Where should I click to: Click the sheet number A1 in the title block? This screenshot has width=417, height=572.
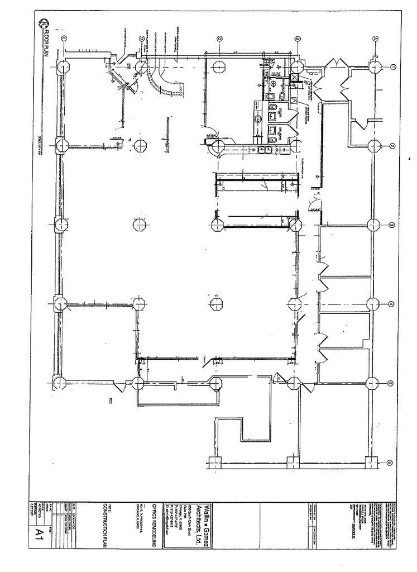[x=40, y=531]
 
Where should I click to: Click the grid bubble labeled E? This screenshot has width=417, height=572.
[x=64, y=39]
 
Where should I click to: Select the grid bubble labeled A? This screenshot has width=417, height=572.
[x=375, y=39]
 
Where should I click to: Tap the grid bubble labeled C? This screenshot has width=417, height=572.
[x=219, y=39]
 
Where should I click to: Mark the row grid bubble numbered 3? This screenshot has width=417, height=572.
[x=392, y=225]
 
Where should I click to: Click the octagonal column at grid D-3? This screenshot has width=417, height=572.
[x=140, y=225]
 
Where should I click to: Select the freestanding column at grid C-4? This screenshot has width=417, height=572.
[x=217, y=304]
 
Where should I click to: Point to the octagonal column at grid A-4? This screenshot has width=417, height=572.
[x=373, y=304]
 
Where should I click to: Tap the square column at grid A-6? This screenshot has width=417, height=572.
[x=370, y=461]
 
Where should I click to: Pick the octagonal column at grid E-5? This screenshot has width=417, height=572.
[x=60, y=383]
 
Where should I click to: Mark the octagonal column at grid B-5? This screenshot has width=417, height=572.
[x=294, y=383]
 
